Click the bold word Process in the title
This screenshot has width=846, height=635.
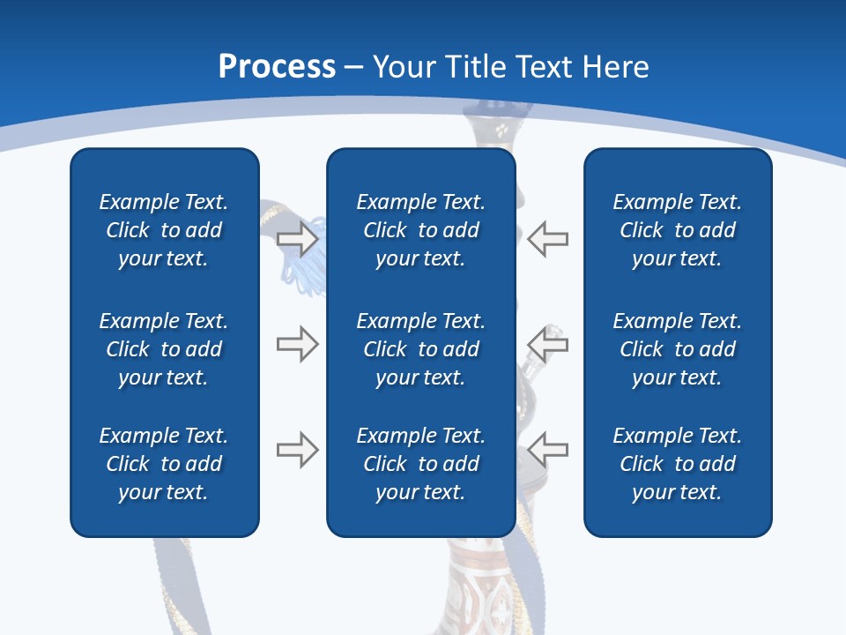click(277, 67)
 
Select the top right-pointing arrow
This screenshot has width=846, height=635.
click(297, 238)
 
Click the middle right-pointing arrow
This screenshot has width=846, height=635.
click(297, 344)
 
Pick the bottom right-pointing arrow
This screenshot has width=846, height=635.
click(297, 450)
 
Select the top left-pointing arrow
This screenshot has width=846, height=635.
click(548, 238)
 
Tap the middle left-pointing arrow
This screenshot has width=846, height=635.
click(548, 344)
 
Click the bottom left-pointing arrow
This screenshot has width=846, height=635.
click(548, 450)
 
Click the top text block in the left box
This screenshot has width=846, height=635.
click(164, 230)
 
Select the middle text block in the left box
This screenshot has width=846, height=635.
click(164, 349)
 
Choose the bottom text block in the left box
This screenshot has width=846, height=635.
click(164, 464)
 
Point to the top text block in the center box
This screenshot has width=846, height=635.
click(420, 230)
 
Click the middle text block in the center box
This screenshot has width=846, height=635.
click(420, 349)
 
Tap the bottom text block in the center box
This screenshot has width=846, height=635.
click(420, 464)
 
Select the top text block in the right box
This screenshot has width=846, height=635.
click(677, 230)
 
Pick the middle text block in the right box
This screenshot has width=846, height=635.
click(677, 349)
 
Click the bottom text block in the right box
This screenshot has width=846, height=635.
click(677, 464)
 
